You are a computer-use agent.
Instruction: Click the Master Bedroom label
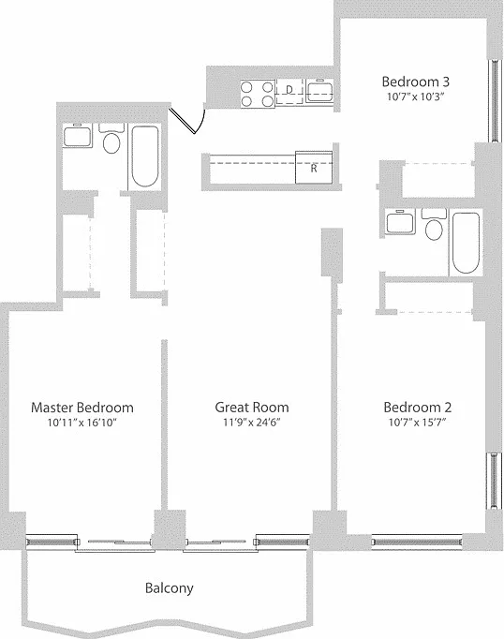coord(82,408)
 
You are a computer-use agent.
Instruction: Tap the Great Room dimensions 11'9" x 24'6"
coord(252,423)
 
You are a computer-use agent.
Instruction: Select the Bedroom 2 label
coord(417,408)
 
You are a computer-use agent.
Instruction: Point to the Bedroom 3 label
coord(416,82)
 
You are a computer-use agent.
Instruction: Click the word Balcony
coord(169,588)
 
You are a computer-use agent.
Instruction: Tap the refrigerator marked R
coord(314,167)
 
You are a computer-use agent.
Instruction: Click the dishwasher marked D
coord(289,92)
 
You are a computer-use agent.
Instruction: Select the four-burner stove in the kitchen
coord(258,94)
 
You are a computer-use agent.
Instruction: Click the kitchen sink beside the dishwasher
coord(319,90)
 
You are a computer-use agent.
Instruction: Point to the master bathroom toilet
coord(111,138)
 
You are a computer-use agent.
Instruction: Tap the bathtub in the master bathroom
coord(144,156)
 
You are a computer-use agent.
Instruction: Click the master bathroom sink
coord(78,135)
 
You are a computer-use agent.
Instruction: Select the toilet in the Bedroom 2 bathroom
coord(434,224)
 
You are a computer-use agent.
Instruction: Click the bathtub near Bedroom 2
coord(466,243)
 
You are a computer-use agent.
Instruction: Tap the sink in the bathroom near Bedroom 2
coord(401,222)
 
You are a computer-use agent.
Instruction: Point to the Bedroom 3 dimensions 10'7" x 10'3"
coord(415,97)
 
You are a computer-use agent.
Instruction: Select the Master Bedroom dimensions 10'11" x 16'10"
coord(82,423)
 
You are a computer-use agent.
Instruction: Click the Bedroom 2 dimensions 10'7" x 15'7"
coord(417,423)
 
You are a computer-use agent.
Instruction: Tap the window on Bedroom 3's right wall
coord(495,100)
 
